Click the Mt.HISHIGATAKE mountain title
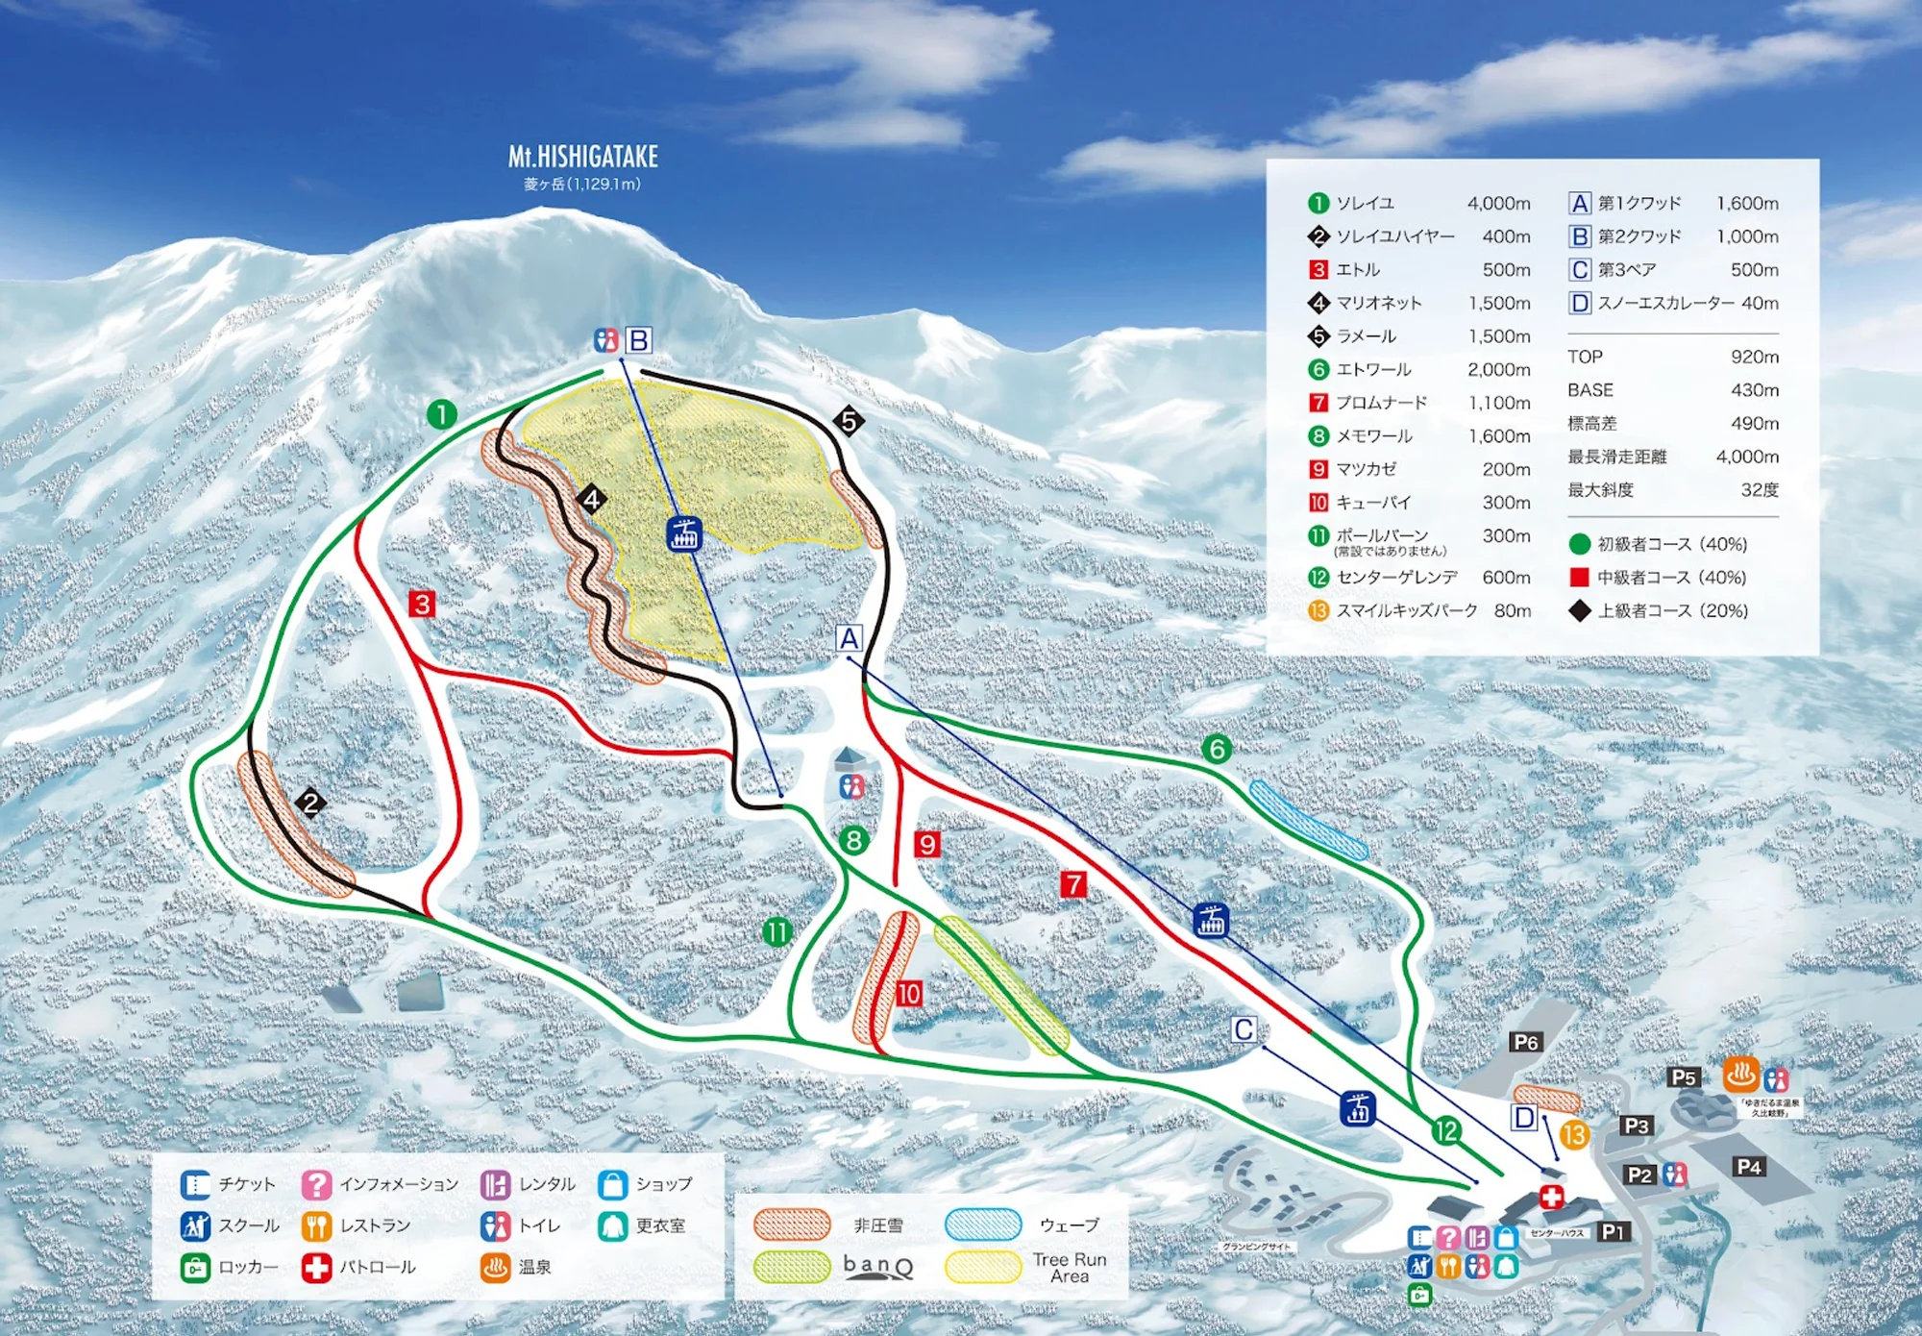click(x=582, y=157)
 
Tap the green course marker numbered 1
click(x=441, y=415)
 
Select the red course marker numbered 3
click(x=422, y=605)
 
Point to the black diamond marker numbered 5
click(x=848, y=421)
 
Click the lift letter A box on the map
click(x=849, y=638)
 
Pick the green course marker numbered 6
click(x=1217, y=749)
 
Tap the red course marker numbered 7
click(x=1073, y=884)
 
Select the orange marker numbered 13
click(x=1573, y=1135)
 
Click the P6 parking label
click(x=1525, y=1042)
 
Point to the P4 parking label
click(x=1748, y=1167)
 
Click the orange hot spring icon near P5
click(x=1740, y=1075)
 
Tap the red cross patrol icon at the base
click(x=1551, y=1197)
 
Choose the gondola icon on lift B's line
click(x=684, y=533)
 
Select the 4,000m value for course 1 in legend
click(x=1498, y=204)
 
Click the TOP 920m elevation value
click(x=1754, y=358)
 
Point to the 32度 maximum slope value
click(x=1759, y=490)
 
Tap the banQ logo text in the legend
click(x=877, y=1266)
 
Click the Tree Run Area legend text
click(x=1070, y=1268)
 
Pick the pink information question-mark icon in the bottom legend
click(x=316, y=1184)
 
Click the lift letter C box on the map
click(x=1244, y=1030)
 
